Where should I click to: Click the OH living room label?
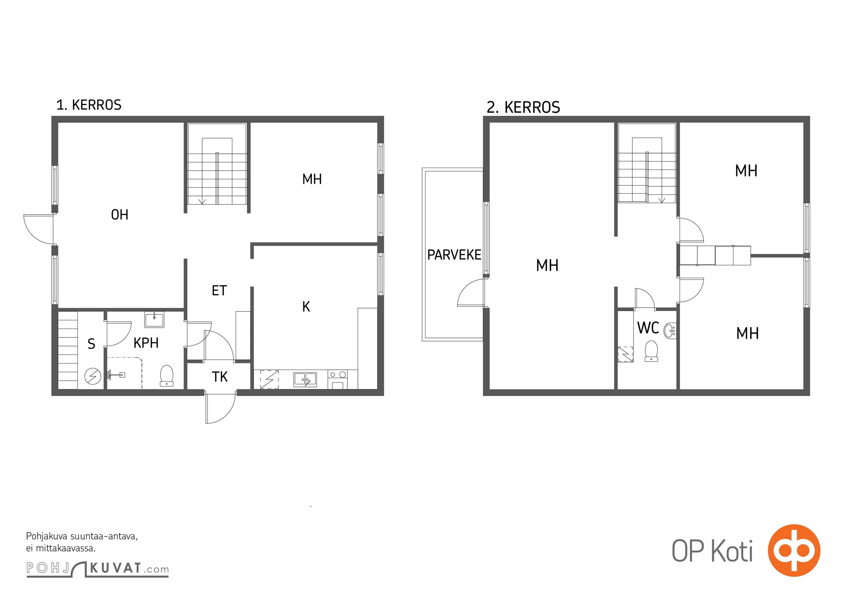pos(119,215)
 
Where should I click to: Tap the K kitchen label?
pos(306,307)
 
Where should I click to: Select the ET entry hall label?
pos(219,291)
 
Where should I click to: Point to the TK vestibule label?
pos(220,377)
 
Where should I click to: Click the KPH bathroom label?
pos(146,343)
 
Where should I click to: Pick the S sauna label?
pos(91,344)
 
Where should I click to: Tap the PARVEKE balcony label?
pos(454,255)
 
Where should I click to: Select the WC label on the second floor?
pos(648,328)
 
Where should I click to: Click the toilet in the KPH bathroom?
pos(166,375)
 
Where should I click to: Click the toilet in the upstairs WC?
pos(651,351)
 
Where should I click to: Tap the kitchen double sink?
pos(305,379)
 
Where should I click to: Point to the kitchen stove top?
pos(338,374)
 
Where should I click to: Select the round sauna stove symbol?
pos(93,377)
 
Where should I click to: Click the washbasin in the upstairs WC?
pos(670,330)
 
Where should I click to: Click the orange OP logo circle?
pos(794,550)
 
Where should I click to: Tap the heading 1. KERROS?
pos(89,105)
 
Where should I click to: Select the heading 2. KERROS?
pos(523,107)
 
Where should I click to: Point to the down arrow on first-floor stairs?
pos(202,201)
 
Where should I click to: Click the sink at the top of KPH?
pos(154,320)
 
